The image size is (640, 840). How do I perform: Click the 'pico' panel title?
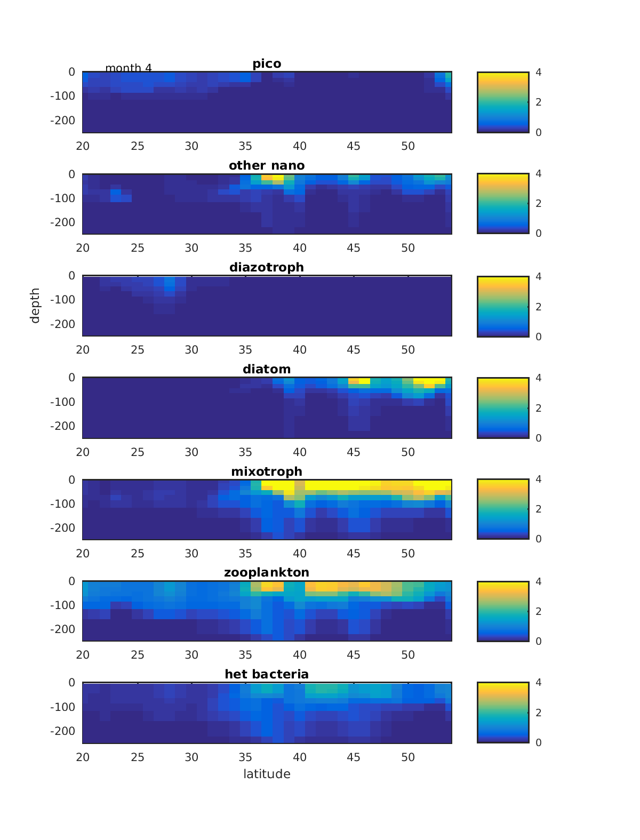(x=267, y=64)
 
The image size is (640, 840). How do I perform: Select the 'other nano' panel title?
(x=267, y=165)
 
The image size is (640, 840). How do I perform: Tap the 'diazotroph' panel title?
(x=267, y=267)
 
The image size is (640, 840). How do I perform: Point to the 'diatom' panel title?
(x=267, y=369)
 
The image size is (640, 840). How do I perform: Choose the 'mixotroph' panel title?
(x=267, y=471)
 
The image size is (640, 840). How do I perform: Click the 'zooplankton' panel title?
(x=267, y=572)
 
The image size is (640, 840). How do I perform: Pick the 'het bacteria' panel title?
(x=267, y=674)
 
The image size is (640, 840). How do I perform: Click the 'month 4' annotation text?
(x=129, y=68)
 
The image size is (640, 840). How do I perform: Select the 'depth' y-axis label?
(x=35, y=306)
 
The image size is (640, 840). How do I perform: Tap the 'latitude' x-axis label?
(x=267, y=774)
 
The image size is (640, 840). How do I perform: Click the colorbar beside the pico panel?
(x=503, y=102)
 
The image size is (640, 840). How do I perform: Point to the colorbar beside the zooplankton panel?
(x=503, y=611)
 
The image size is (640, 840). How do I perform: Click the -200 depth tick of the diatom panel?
(x=62, y=426)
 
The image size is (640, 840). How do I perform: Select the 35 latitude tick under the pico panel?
(x=245, y=146)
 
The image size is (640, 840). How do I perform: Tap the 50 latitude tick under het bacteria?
(x=408, y=757)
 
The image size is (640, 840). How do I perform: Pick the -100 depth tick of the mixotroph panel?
(x=62, y=503)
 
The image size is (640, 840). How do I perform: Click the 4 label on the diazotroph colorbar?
(x=539, y=276)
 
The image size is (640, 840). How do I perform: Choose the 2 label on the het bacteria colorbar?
(x=539, y=713)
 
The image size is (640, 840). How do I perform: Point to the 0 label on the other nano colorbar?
(x=539, y=233)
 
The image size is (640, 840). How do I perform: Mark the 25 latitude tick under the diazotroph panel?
(x=138, y=350)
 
